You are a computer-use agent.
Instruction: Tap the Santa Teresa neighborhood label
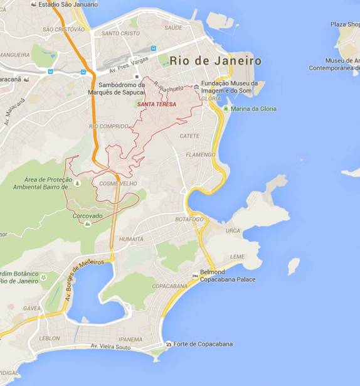pyautogui.click(x=158, y=104)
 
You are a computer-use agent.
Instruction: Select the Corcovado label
pyautogui.click(x=87, y=215)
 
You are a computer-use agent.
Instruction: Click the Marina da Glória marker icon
pyautogui.click(x=225, y=109)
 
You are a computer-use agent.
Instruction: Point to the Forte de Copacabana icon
pyautogui.click(x=169, y=344)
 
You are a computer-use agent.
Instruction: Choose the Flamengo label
pyautogui.click(x=201, y=154)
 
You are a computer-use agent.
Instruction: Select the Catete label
pyautogui.click(x=189, y=136)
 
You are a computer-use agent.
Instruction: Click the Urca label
pyautogui.click(x=233, y=231)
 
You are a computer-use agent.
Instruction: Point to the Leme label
pyautogui.click(x=238, y=257)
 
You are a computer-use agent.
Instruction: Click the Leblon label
pyautogui.click(x=50, y=338)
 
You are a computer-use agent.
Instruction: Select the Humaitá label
pyautogui.click(x=131, y=239)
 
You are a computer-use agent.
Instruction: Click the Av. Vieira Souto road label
pyautogui.click(x=110, y=346)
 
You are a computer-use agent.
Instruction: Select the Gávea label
pyautogui.click(x=32, y=309)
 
